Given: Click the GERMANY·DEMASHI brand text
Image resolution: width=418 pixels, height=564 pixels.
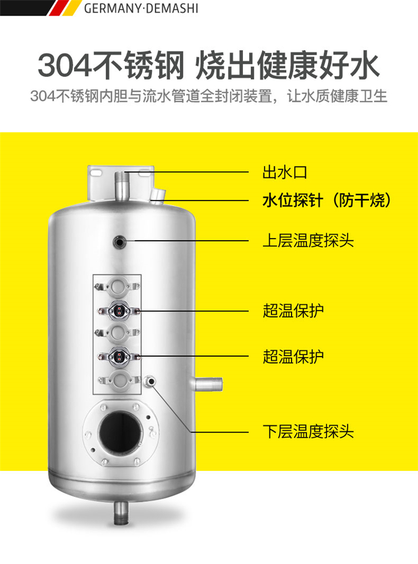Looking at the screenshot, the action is [141, 8].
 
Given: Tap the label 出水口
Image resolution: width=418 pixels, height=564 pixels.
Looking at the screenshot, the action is [285, 172].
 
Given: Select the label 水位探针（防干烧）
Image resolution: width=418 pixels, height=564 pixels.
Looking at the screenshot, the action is [327, 200].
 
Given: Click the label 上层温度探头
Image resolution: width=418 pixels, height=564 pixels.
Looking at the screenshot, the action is [308, 240].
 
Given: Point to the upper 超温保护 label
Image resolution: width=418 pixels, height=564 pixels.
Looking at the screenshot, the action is [293, 310].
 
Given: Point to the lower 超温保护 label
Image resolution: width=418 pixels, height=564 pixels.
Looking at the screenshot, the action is [293, 357].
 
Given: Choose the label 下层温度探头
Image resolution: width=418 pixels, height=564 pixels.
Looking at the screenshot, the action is [308, 431].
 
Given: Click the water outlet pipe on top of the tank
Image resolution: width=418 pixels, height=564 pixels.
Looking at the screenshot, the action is [121, 185].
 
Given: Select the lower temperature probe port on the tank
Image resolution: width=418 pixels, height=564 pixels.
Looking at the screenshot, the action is [150, 381].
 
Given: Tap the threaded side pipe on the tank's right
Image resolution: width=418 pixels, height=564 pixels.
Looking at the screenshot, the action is [208, 384].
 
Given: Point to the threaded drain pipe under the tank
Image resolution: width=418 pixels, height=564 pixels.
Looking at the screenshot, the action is [121, 512].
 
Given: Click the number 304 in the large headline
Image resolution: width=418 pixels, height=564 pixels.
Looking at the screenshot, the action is [64, 65].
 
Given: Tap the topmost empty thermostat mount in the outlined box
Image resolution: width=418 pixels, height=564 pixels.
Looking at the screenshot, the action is [117, 286].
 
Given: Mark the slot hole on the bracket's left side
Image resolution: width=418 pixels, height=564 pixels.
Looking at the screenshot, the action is [96, 173].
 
